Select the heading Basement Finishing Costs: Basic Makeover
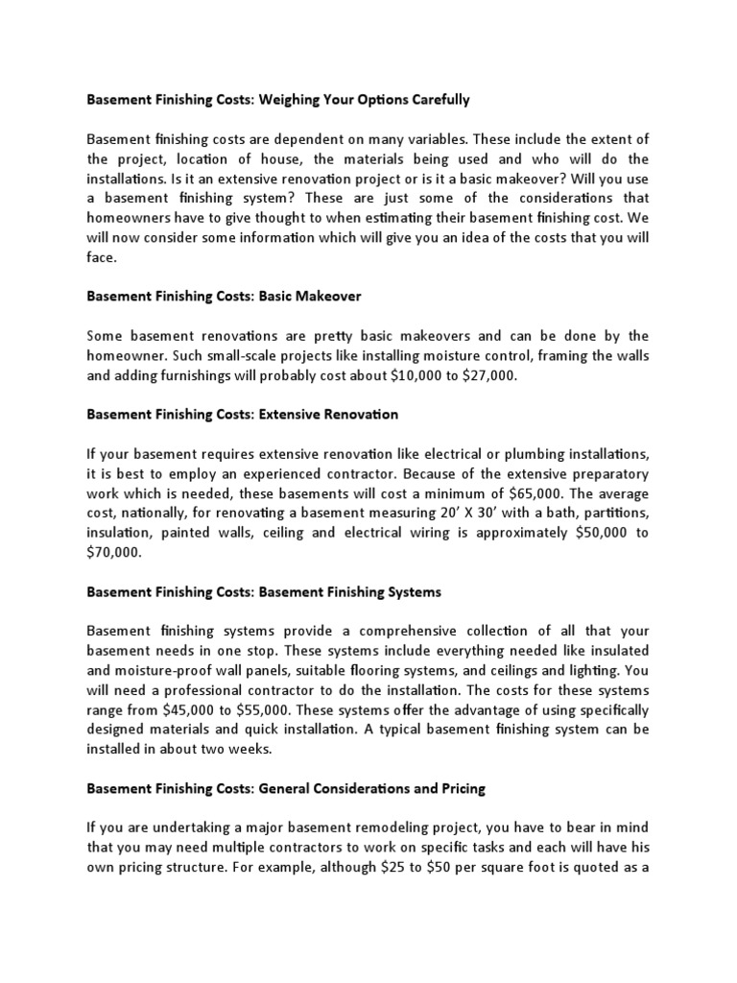coord(224,297)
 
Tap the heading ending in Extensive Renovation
coord(242,415)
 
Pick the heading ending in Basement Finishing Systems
coord(264,592)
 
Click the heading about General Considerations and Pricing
coord(286,788)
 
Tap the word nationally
coord(153,514)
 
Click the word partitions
coord(610,514)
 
